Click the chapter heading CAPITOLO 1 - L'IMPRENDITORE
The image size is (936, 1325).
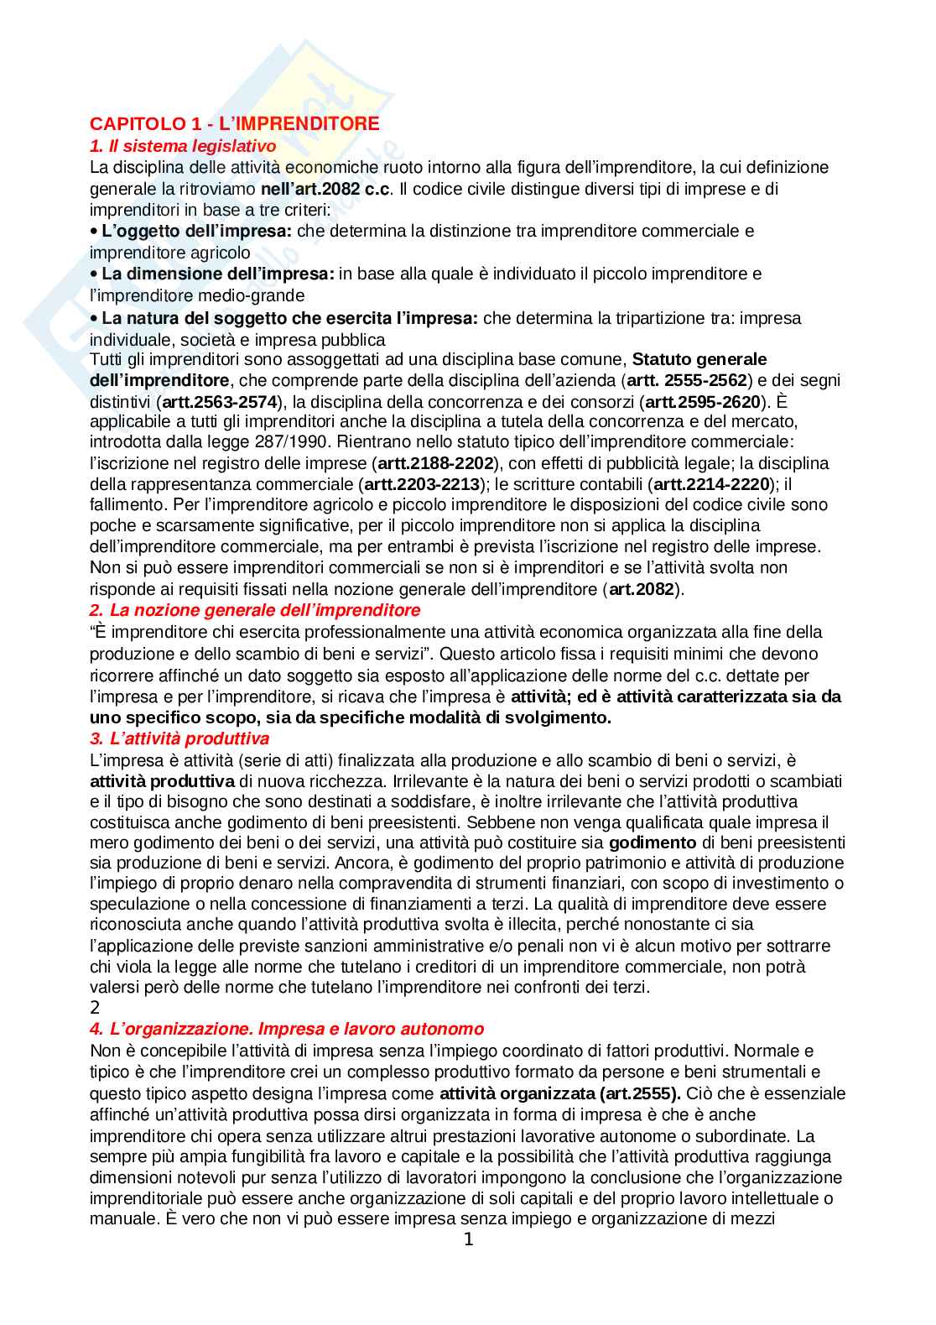[234, 124]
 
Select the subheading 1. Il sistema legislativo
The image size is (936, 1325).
[183, 146]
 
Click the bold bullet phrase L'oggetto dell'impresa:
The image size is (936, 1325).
[196, 231]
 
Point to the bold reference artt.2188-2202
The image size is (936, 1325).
[435, 463]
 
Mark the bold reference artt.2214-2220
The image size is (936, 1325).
[711, 484]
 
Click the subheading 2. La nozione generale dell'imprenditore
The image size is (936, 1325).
[255, 611]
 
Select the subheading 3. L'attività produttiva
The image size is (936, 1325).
[179, 739]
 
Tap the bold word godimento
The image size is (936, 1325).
[653, 842]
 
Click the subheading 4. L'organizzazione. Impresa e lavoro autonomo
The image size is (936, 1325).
[287, 1030]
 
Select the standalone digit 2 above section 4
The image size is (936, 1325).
[95, 1009]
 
